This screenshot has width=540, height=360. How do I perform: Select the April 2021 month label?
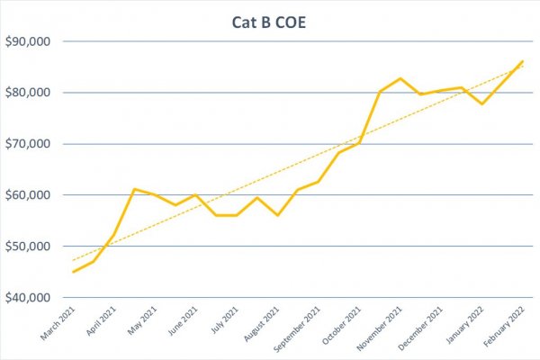click(101, 320)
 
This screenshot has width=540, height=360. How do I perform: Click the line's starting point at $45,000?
click(73, 272)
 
